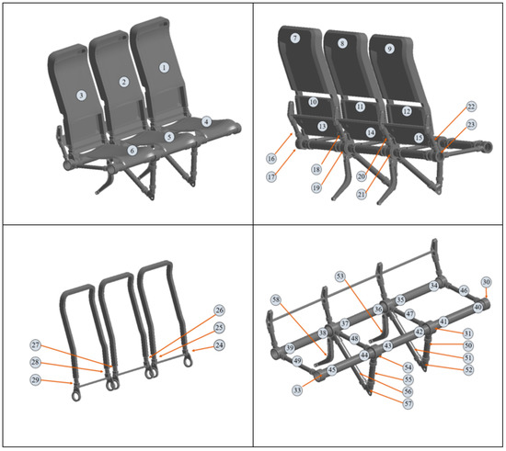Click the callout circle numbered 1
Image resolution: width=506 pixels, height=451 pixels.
[165, 67]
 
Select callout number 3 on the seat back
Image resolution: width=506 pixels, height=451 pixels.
[81, 95]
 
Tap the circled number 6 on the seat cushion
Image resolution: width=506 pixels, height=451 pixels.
[132, 151]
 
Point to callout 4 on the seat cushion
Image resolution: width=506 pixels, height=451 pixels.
[207, 121]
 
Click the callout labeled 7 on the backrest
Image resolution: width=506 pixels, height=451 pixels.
[294, 39]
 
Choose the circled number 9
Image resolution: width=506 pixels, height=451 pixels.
[389, 48]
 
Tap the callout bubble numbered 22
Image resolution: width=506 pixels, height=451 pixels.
[471, 107]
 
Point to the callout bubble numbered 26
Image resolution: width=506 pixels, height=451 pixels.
[219, 310]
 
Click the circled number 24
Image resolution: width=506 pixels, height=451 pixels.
[219, 345]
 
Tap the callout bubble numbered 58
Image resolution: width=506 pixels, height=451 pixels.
[275, 300]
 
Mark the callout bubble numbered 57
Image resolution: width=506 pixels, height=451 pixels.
[406, 403]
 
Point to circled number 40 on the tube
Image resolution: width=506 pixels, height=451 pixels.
[477, 307]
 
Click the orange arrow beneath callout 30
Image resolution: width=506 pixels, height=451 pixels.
[486, 294]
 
